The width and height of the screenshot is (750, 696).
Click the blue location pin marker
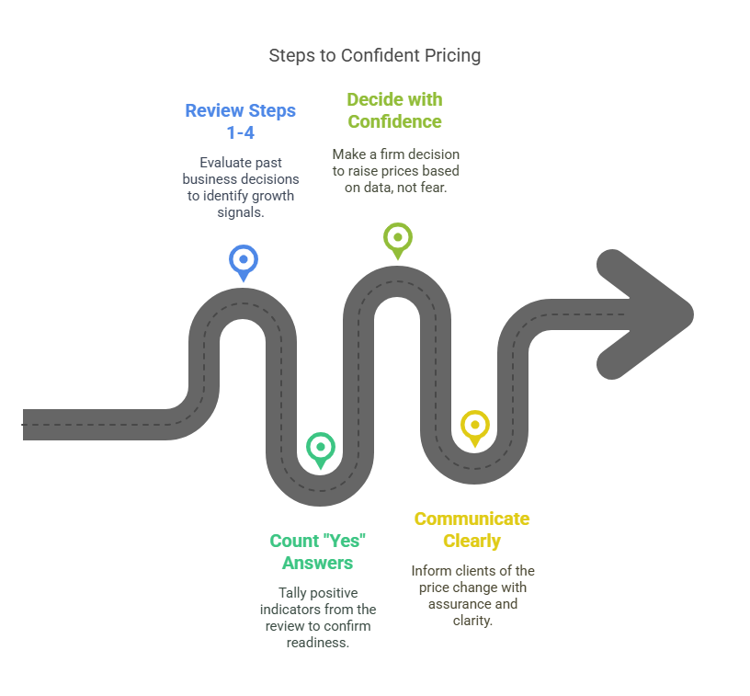(x=244, y=262)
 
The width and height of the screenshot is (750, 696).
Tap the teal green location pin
(x=321, y=450)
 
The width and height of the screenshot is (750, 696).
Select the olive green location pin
(x=397, y=240)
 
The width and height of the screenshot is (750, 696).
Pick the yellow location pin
(x=475, y=428)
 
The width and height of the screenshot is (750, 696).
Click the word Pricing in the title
(x=452, y=55)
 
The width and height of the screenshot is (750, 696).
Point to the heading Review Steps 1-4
(x=241, y=121)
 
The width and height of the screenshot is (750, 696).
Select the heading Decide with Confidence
(x=394, y=110)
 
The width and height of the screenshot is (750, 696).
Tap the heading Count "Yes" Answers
(x=318, y=552)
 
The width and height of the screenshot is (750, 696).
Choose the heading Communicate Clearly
(x=472, y=530)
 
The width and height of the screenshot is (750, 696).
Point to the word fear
(x=435, y=188)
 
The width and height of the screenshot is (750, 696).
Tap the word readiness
(x=318, y=643)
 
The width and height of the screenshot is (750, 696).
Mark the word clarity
(x=472, y=621)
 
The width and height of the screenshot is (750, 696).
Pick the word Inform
(x=428, y=571)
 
